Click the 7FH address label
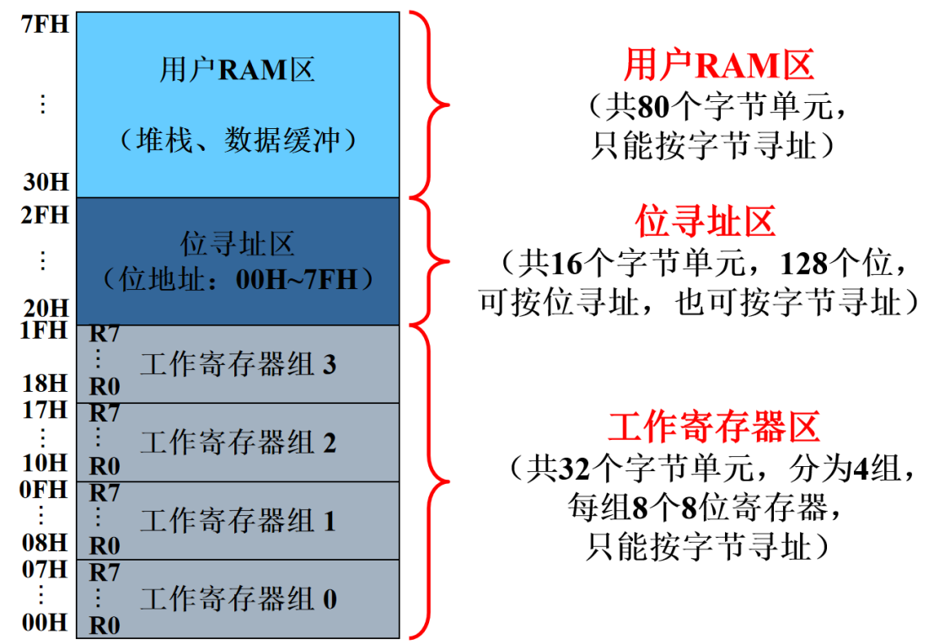tap(45, 24)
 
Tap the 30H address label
tap(46, 182)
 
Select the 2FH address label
tap(45, 216)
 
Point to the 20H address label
tap(46, 308)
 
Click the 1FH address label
tap(45, 330)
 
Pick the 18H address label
tap(46, 384)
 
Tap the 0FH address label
tap(45, 489)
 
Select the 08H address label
tap(46, 542)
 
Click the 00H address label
tap(46, 622)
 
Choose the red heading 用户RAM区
tap(719, 65)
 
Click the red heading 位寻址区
tap(705, 222)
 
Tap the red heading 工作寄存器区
tap(714, 427)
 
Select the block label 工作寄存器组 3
tap(239, 365)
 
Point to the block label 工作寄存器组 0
tap(239, 599)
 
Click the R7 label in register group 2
tap(105, 413)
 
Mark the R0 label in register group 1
tap(105, 546)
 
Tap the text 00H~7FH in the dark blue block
tap(298, 279)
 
